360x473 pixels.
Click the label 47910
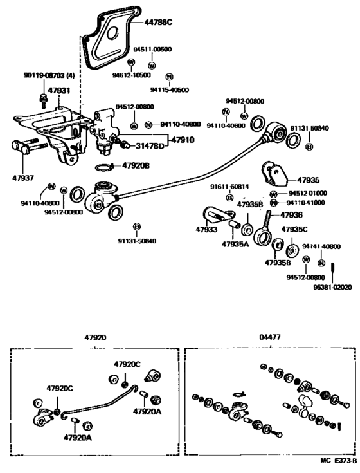pyautogui.click(x=183, y=138)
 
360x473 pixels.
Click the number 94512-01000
pyautogui.click(x=307, y=193)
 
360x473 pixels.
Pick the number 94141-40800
pyautogui.click(x=321, y=246)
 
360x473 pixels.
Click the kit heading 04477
pyautogui.click(x=270, y=337)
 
